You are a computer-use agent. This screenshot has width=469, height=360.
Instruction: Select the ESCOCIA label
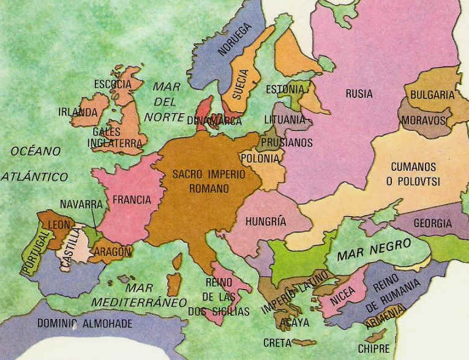click(113, 84)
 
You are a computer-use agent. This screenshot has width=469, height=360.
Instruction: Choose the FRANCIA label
click(130, 200)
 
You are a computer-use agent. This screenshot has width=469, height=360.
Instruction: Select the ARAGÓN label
click(113, 252)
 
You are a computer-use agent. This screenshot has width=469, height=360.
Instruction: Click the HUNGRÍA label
click(265, 221)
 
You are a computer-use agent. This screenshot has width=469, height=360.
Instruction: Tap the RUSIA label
click(359, 94)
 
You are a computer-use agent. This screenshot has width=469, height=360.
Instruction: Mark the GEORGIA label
click(433, 223)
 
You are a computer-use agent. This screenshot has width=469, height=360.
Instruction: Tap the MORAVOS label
click(423, 121)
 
